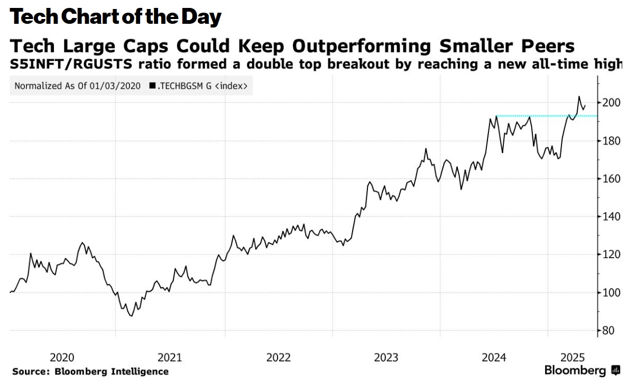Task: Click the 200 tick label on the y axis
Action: coord(611,103)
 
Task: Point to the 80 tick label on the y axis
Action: coord(608,331)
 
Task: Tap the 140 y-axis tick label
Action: coord(611,217)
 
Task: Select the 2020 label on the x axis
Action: coord(62,357)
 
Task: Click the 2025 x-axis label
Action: coord(572,357)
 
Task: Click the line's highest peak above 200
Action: coord(579,97)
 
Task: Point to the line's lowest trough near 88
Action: coord(131,316)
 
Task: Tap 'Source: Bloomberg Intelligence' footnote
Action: coord(90,371)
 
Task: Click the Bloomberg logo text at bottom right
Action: coord(575,370)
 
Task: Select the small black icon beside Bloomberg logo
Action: coord(615,370)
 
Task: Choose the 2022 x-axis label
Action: coord(278,357)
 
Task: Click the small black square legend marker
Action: coord(152,86)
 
